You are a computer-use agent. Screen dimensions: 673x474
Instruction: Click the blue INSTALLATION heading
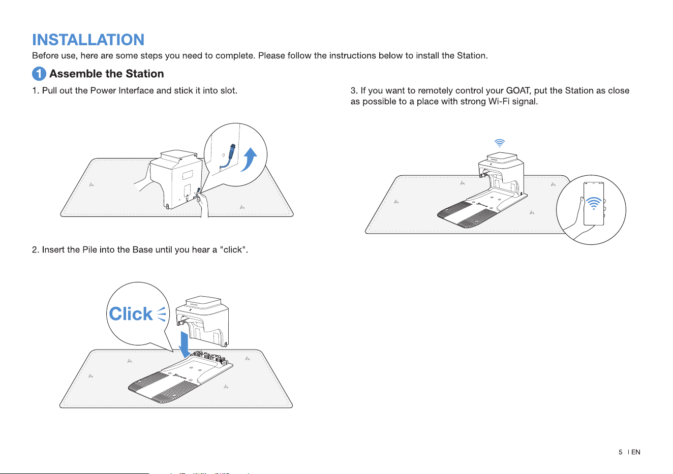click(88, 40)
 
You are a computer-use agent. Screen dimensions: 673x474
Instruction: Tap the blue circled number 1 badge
click(39, 74)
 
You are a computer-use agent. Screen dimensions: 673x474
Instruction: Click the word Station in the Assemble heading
click(144, 74)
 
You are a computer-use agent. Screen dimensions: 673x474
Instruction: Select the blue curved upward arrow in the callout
click(249, 160)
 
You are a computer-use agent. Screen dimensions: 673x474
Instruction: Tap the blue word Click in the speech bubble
click(131, 314)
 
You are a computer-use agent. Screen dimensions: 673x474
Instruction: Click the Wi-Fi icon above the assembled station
click(500, 143)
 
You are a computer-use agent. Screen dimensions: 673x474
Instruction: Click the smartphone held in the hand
click(593, 203)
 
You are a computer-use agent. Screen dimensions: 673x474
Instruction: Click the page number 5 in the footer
click(621, 452)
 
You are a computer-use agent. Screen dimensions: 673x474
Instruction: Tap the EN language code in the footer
click(636, 452)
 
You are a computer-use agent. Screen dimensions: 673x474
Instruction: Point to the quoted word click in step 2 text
click(233, 249)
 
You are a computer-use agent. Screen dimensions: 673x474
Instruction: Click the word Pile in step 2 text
click(89, 249)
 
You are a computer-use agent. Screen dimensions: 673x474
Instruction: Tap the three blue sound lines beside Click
click(162, 314)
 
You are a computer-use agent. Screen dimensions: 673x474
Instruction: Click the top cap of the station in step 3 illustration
click(502, 157)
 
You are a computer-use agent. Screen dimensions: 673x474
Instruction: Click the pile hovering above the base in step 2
click(202, 321)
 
